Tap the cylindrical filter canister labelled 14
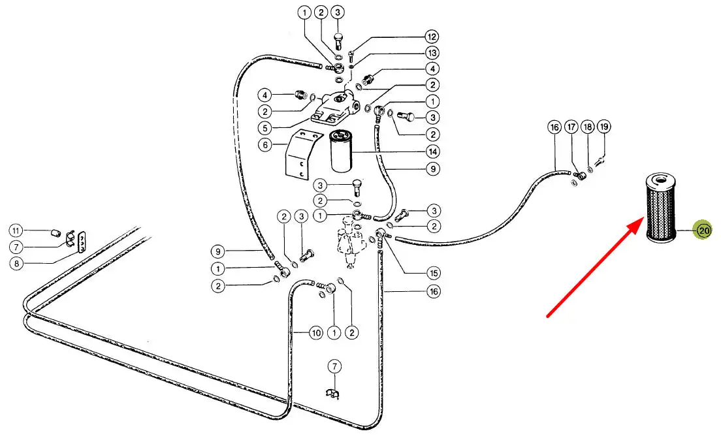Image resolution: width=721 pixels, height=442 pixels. [342, 151]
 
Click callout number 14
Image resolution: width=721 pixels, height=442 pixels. [432, 151]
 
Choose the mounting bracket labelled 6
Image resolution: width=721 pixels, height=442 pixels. [302, 154]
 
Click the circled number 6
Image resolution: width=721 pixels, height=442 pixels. [265, 145]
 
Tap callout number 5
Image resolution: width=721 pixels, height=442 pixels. [265, 128]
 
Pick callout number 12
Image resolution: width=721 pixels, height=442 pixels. [432, 36]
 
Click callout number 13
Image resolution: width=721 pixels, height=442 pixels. [432, 52]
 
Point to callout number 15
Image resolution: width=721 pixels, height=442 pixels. [432, 272]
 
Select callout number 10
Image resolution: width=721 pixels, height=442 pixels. [316, 333]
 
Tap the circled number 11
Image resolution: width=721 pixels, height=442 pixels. [16, 230]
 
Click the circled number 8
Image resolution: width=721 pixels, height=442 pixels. [16, 264]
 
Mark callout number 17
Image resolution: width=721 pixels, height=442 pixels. [571, 127]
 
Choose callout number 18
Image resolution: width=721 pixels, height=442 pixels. [588, 127]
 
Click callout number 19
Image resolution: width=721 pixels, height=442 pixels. [603, 127]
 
